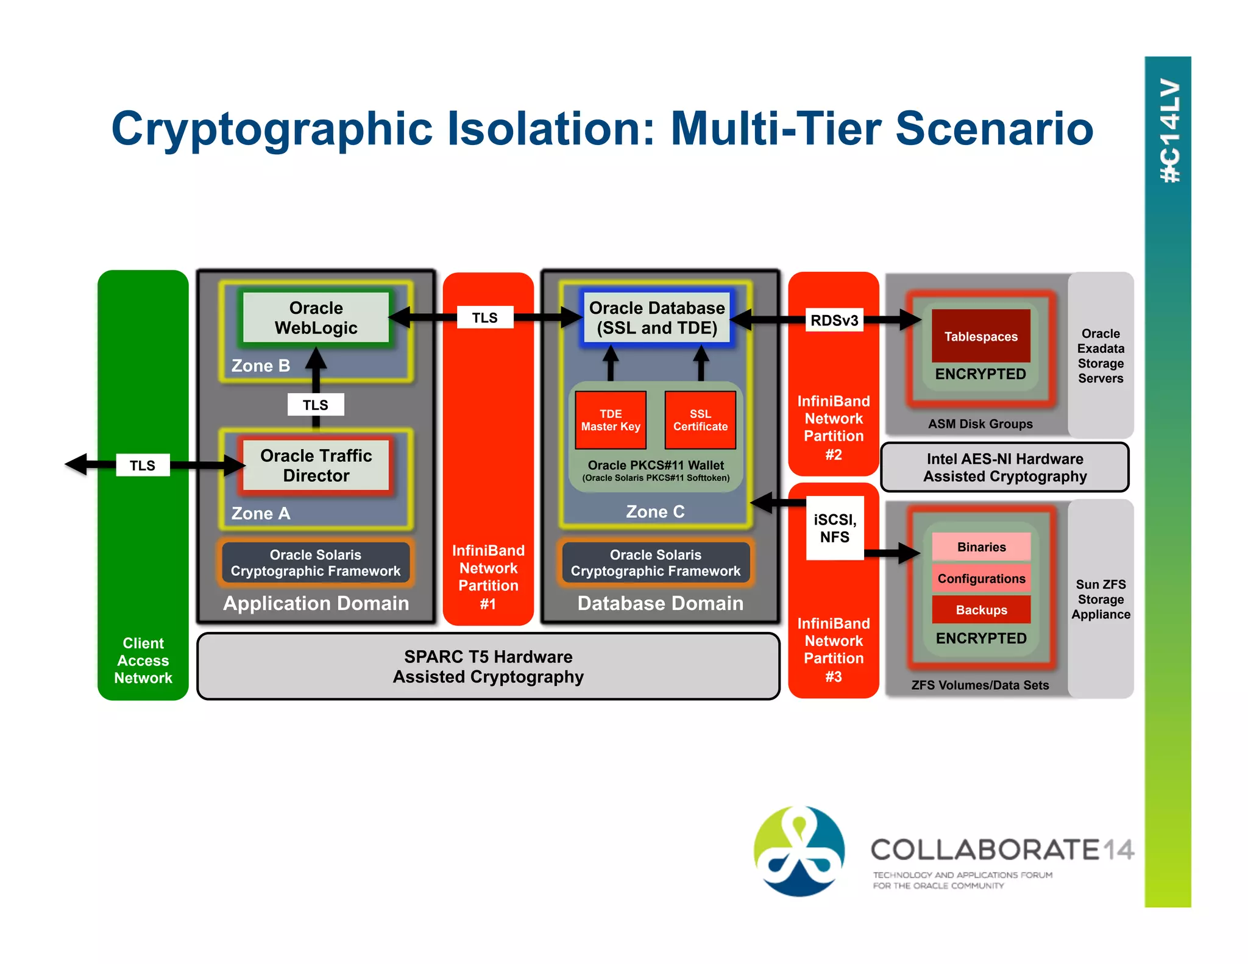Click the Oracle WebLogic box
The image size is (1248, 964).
click(x=316, y=317)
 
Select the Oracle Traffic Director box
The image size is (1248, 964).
click(x=316, y=466)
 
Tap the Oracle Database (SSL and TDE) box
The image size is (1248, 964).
click(x=656, y=317)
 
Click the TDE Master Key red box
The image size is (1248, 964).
click(x=610, y=420)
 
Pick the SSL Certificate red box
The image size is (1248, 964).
click(x=700, y=420)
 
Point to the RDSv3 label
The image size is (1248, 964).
click(x=834, y=320)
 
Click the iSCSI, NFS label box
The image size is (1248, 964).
click(x=834, y=528)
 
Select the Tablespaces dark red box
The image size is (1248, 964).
click(x=980, y=336)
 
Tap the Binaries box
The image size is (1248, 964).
click(x=981, y=547)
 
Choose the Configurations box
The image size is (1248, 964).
click(x=981, y=578)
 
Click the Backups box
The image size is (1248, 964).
click(x=981, y=610)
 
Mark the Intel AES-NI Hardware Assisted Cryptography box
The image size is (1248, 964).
click(x=1004, y=467)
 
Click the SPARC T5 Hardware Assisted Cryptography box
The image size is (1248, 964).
click(x=488, y=667)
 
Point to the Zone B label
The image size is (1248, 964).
click(x=261, y=366)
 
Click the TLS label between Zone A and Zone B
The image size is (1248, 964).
click(x=316, y=405)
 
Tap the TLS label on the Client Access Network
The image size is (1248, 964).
click(x=143, y=466)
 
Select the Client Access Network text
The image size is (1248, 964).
click(x=143, y=661)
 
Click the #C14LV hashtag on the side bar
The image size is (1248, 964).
click(x=1169, y=131)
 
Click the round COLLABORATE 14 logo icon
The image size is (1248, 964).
click(x=799, y=851)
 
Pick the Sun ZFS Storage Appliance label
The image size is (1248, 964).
click(x=1101, y=599)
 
